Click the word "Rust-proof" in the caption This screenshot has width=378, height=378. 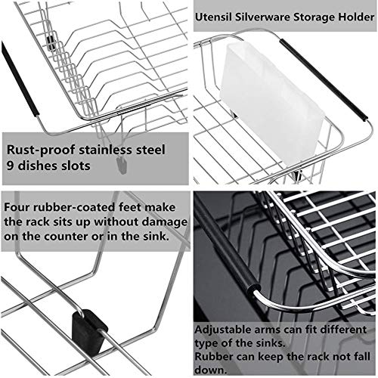pyautogui.click(x=41, y=150)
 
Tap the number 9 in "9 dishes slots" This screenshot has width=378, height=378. pyautogui.click(x=10, y=166)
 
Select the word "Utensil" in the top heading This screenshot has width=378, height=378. pyautogui.click(x=213, y=17)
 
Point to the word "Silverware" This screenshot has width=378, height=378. pyautogui.click(x=262, y=17)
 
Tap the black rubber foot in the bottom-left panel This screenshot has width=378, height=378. pyautogui.click(x=88, y=330)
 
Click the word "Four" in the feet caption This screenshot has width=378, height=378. pyautogui.click(x=17, y=207)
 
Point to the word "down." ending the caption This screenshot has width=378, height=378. pyautogui.click(x=211, y=370)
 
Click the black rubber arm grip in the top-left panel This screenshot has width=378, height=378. pyautogui.click(x=19, y=79)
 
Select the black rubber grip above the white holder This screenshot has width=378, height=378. pyautogui.click(x=324, y=79)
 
